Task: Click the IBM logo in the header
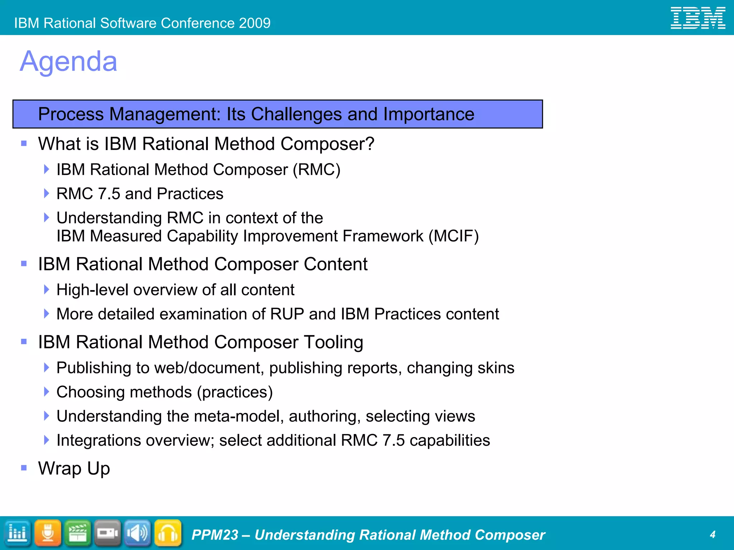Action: (698, 18)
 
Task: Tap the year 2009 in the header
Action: (255, 23)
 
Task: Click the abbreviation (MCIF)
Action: (454, 236)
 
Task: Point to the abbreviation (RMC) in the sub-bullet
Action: (316, 170)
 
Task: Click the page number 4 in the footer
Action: (712, 535)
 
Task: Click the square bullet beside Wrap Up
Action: (24, 468)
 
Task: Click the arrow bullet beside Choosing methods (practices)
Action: (46, 392)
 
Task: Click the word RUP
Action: (287, 314)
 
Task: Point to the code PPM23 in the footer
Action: (215, 535)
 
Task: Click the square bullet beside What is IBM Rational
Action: (24, 144)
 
